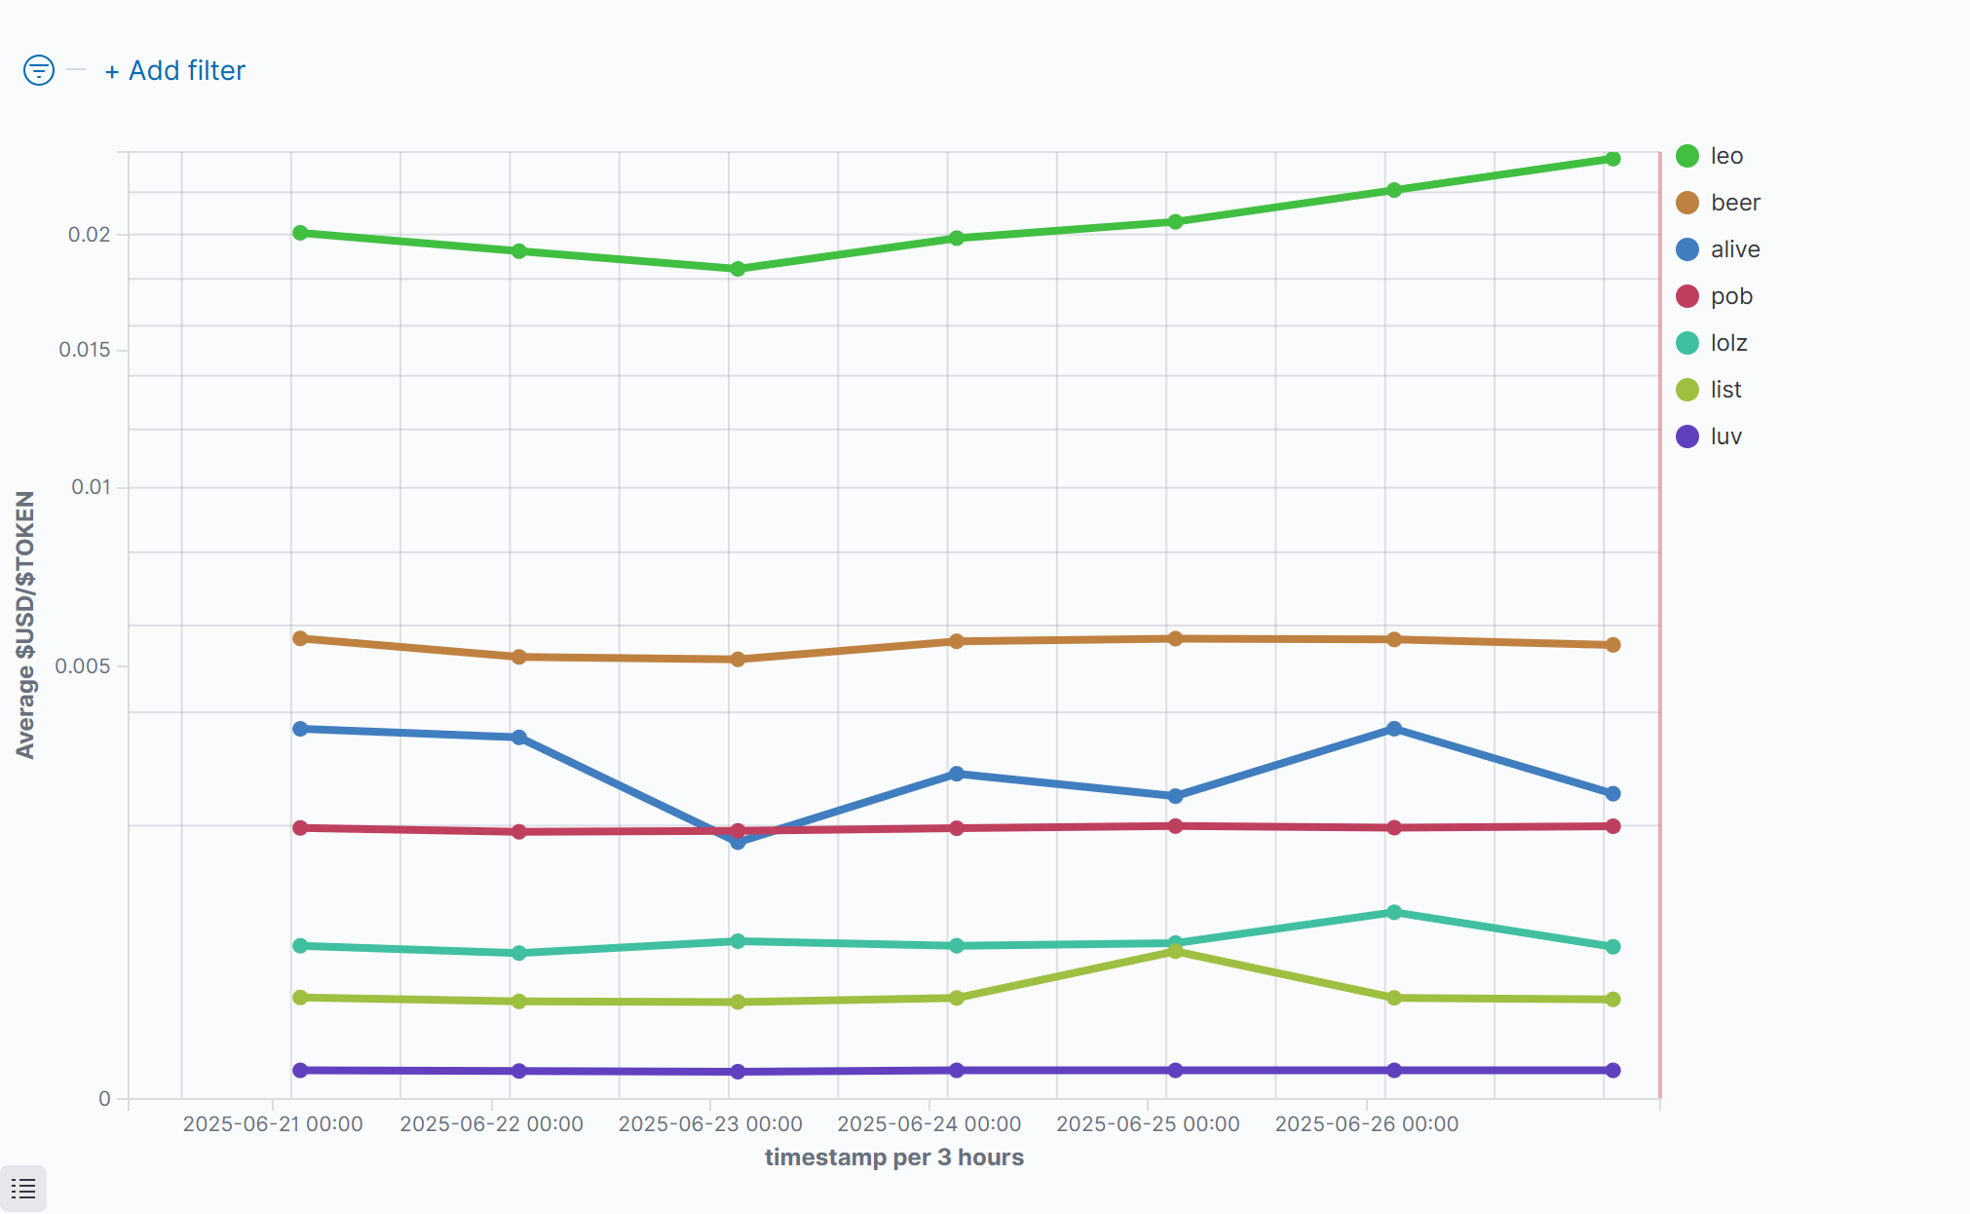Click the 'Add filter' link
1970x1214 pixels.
pos(175,71)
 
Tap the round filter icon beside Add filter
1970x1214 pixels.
pos(39,70)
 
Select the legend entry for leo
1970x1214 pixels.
pos(1725,156)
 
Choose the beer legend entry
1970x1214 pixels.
pos(1734,203)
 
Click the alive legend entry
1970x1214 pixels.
pos(1734,249)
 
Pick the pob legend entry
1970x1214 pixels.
pos(1730,296)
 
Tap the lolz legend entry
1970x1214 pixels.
pos(1728,343)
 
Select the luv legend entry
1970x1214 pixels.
pos(1725,436)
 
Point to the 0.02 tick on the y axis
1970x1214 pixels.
pos(89,235)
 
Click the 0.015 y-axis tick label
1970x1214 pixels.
pos(85,350)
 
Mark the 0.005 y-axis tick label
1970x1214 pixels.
pos(83,666)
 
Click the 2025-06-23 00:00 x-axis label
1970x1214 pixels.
pos(710,1124)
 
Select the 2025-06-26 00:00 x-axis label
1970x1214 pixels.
pos(1366,1124)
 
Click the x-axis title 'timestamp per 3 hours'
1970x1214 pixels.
pos(893,1157)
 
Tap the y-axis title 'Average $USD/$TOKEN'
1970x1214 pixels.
pos(25,625)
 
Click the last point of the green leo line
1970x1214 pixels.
pos(1612,159)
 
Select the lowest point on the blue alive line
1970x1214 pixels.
pos(738,842)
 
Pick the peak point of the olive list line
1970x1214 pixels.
pos(1175,951)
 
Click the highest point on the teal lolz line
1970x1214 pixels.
pos(1393,913)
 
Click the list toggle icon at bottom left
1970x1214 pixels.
pos(23,1189)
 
